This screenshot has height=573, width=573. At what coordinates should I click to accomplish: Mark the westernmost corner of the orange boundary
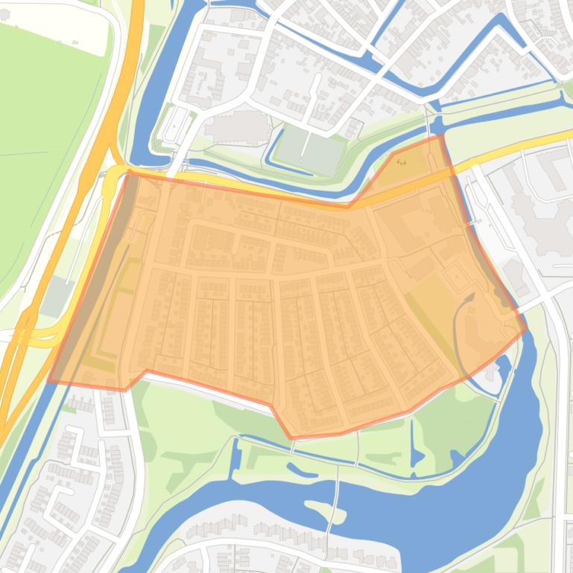click(x=49, y=382)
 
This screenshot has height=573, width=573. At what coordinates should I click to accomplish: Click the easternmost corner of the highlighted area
click(x=527, y=328)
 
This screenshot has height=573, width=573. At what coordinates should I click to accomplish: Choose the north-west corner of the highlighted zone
click(x=130, y=170)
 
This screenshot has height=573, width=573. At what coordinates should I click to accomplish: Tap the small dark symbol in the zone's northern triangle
click(x=402, y=161)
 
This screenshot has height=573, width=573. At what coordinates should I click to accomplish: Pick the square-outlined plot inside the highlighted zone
click(x=455, y=277)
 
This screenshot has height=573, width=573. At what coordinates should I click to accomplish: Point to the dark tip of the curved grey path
click(x=469, y=297)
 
